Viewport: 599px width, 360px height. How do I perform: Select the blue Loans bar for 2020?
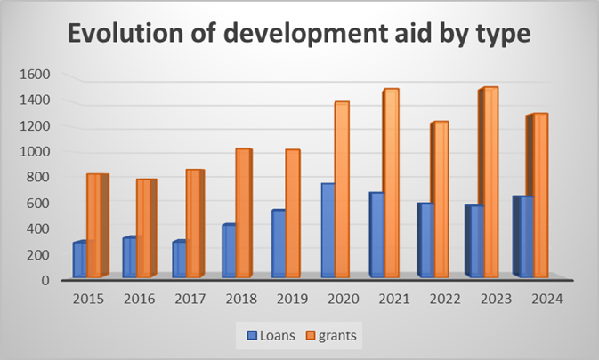328,231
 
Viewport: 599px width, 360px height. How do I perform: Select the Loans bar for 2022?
427,240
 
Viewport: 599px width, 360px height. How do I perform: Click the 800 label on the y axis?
40,177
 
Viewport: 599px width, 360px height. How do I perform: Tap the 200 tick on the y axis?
40,254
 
